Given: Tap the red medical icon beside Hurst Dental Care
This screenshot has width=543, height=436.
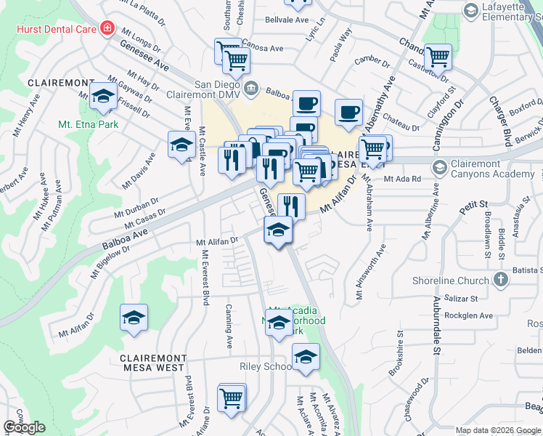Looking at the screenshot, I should tap(107, 28).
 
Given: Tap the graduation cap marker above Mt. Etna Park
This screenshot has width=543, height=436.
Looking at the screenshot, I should tap(104, 97).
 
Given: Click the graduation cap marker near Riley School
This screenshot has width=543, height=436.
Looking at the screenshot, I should tap(306, 357).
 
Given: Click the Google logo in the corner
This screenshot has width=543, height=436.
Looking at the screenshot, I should tap(25, 427).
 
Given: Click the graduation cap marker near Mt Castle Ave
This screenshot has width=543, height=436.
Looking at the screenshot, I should tap(181, 144).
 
